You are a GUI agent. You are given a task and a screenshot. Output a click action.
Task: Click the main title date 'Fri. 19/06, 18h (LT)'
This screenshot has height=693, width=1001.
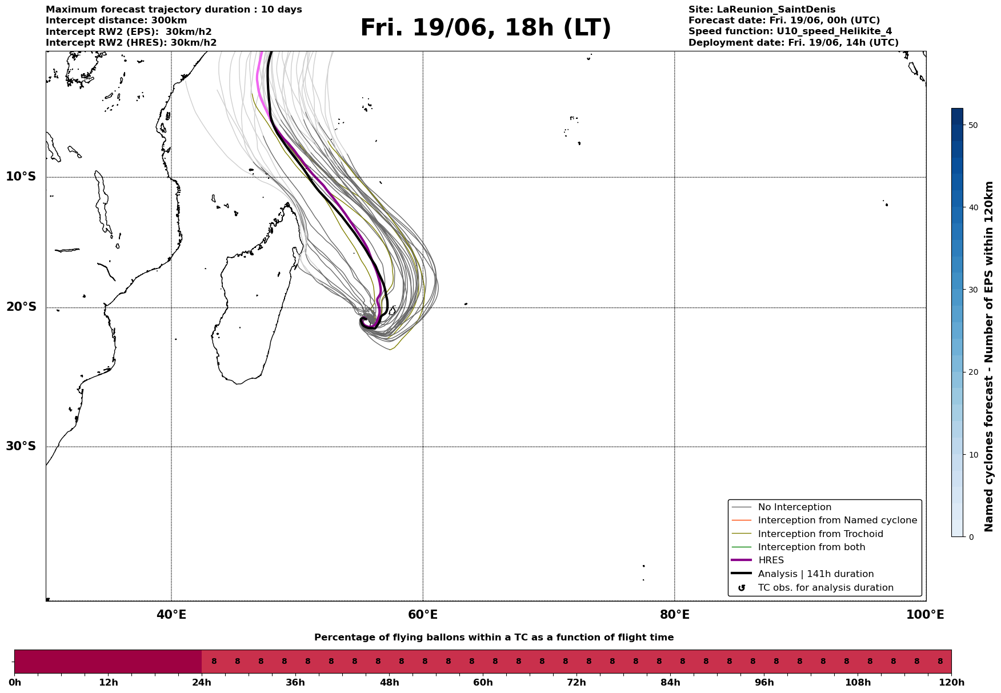point(486,29)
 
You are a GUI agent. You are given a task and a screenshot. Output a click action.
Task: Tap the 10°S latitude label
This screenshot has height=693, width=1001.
point(21,177)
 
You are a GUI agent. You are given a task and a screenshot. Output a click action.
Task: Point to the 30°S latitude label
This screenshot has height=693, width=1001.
point(21,446)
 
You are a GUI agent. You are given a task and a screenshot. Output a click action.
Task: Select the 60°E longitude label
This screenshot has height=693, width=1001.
point(423,615)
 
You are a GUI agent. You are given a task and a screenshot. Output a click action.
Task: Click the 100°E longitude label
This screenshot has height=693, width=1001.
point(925,615)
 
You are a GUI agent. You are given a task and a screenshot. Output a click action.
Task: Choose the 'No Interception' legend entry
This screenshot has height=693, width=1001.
point(794,507)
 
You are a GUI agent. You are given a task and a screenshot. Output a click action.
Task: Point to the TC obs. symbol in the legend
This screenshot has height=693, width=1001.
point(742,588)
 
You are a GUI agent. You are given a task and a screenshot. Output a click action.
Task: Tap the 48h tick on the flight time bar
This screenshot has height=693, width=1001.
point(389,682)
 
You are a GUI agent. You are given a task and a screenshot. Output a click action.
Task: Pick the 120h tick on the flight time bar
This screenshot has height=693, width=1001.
point(951,682)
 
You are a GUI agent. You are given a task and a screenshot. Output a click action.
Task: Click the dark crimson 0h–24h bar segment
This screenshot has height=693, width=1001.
point(108,662)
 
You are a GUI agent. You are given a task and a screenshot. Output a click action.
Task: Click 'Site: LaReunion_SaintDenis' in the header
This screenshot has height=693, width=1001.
point(762,10)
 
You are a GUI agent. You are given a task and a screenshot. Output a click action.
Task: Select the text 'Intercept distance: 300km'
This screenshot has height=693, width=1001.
point(117,21)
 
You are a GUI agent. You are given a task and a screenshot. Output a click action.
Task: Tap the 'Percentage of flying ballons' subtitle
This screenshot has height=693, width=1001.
point(494,638)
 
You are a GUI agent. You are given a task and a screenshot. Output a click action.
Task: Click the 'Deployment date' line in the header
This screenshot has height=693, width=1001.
point(794,43)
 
